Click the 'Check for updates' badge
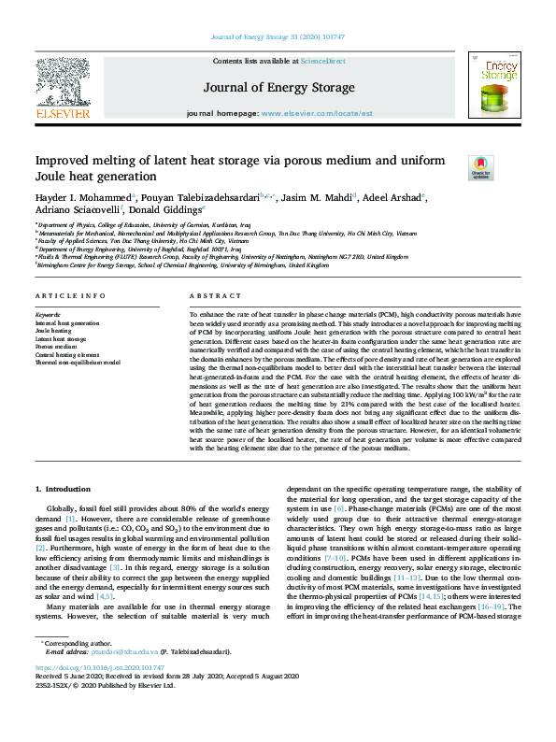480,167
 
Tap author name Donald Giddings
152,211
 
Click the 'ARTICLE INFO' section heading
69,296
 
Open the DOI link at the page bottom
100,668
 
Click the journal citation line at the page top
278,37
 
